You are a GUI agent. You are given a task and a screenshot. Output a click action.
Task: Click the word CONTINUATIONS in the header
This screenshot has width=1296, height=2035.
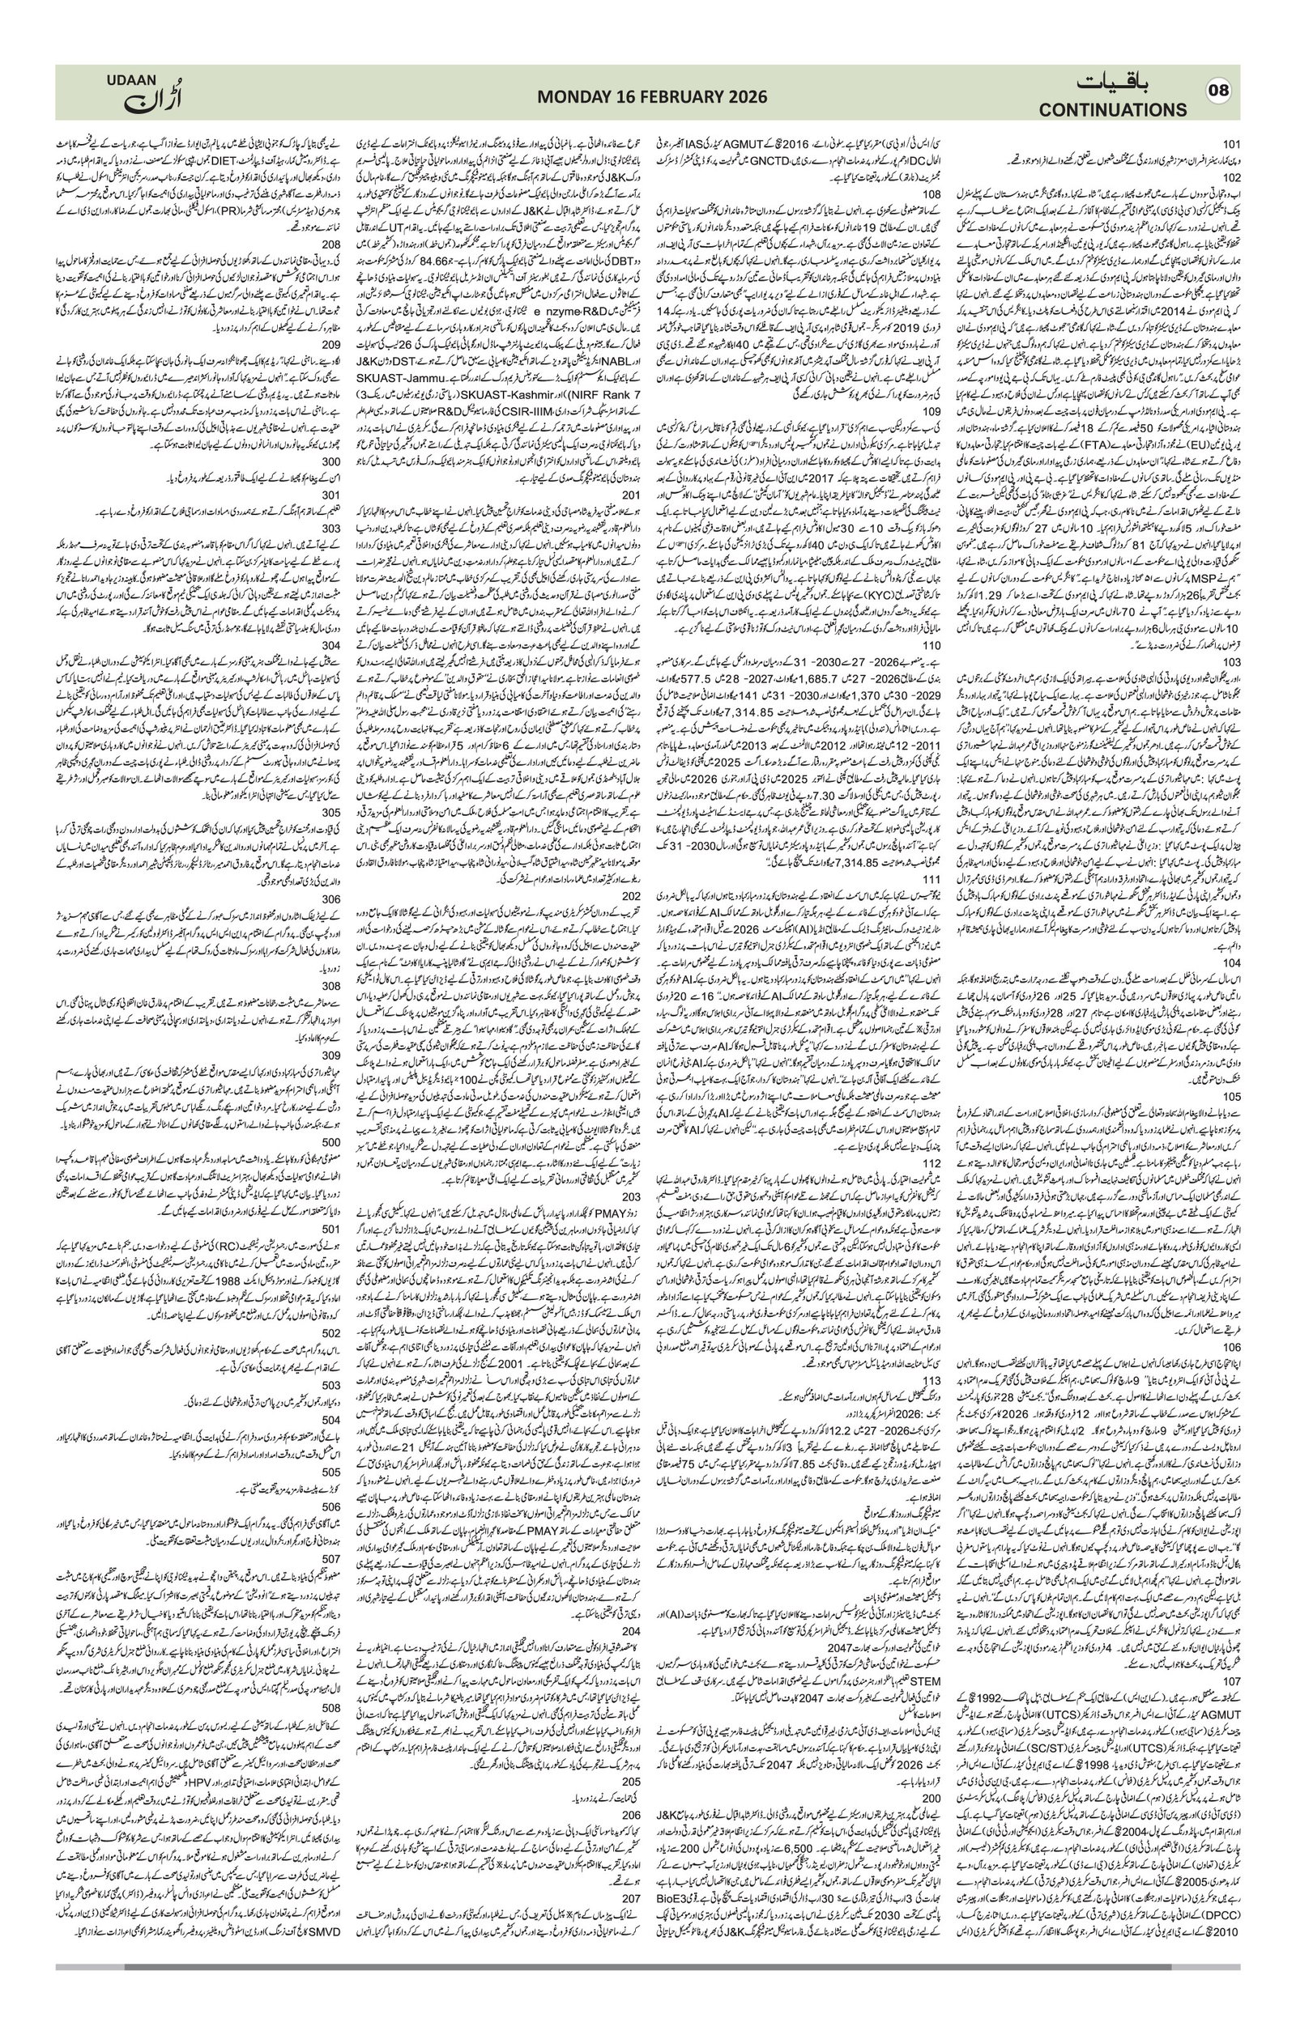[x=1113, y=110]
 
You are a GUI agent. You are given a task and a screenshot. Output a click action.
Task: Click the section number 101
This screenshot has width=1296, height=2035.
[x=1231, y=143]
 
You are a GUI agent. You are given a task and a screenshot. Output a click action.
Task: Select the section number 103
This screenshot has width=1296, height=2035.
[x=1231, y=663]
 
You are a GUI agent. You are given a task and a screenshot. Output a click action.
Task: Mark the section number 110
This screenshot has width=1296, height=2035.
[x=931, y=644]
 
